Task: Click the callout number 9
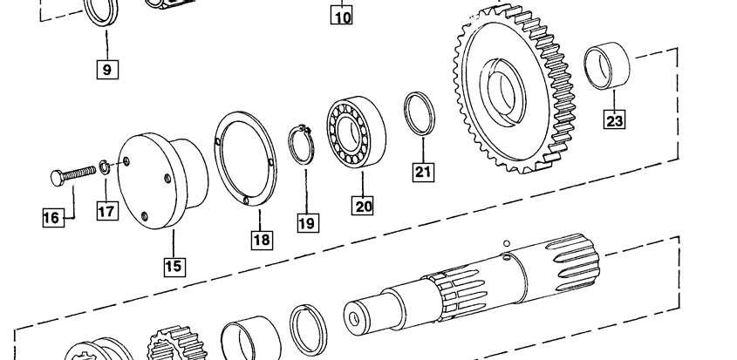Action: pyautogui.click(x=107, y=70)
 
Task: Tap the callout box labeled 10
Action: pyautogui.click(x=341, y=17)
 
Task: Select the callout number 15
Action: pyautogui.click(x=174, y=267)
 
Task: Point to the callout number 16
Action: pyautogui.click(x=53, y=218)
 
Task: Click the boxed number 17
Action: pyautogui.click(x=107, y=211)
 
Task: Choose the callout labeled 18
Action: pyautogui.click(x=262, y=240)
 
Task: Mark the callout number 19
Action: pyautogui.click(x=308, y=223)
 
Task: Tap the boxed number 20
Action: pyautogui.click(x=362, y=206)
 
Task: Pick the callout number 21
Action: pyautogui.click(x=423, y=172)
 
